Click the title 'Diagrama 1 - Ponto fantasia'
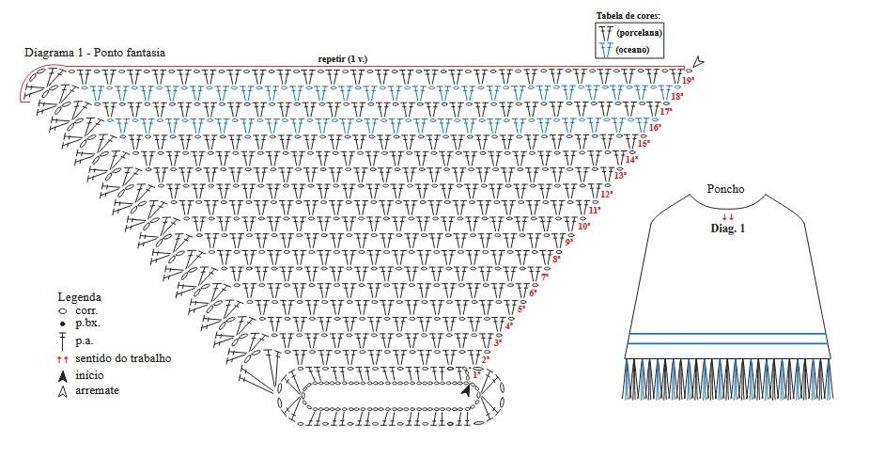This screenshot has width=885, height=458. (95, 53)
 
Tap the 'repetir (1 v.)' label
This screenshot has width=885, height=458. (343, 58)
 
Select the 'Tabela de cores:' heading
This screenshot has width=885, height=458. (629, 15)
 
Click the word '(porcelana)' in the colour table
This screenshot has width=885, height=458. (639, 33)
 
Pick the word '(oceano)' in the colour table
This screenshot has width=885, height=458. (632, 50)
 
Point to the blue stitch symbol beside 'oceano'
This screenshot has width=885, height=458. (606, 49)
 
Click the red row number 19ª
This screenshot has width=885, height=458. (688, 81)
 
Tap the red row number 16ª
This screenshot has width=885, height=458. (655, 128)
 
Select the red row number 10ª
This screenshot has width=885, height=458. (584, 227)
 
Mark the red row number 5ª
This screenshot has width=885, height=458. (521, 308)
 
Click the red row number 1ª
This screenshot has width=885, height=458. (476, 374)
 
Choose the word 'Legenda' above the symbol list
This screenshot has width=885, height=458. (80, 297)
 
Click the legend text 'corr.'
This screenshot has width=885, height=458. (87, 310)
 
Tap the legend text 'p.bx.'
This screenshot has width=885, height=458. (88, 324)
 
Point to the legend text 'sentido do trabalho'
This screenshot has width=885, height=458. (123, 358)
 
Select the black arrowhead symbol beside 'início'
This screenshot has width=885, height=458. (63, 375)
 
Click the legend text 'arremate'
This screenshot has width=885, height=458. (97, 390)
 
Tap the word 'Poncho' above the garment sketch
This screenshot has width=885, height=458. (725, 189)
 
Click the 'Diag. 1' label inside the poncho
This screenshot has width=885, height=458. (727, 229)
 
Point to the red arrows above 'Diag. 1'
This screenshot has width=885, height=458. (728, 216)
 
